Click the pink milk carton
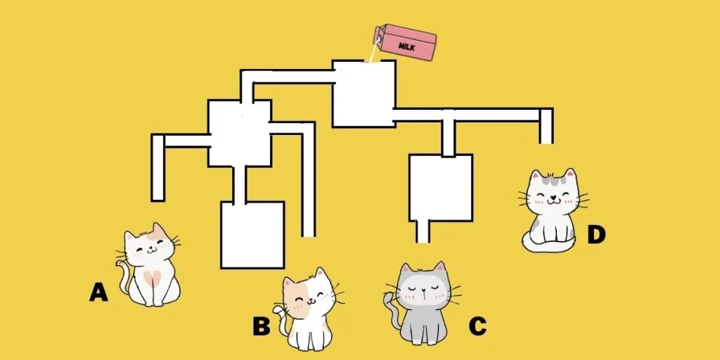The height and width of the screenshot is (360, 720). (x=407, y=42)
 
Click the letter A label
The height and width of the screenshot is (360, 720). (x=98, y=292)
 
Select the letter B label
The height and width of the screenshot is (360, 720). (x=262, y=326)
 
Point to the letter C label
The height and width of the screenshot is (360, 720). (x=477, y=326)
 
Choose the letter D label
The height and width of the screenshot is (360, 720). (x=596, y=234)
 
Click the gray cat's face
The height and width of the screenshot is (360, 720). (x=423, y=288)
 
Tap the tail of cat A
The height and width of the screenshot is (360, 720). (x=124, y=278)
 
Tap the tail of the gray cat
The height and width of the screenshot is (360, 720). (x=391, y=309)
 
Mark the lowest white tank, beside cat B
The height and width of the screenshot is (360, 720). (x=252, y=235)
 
